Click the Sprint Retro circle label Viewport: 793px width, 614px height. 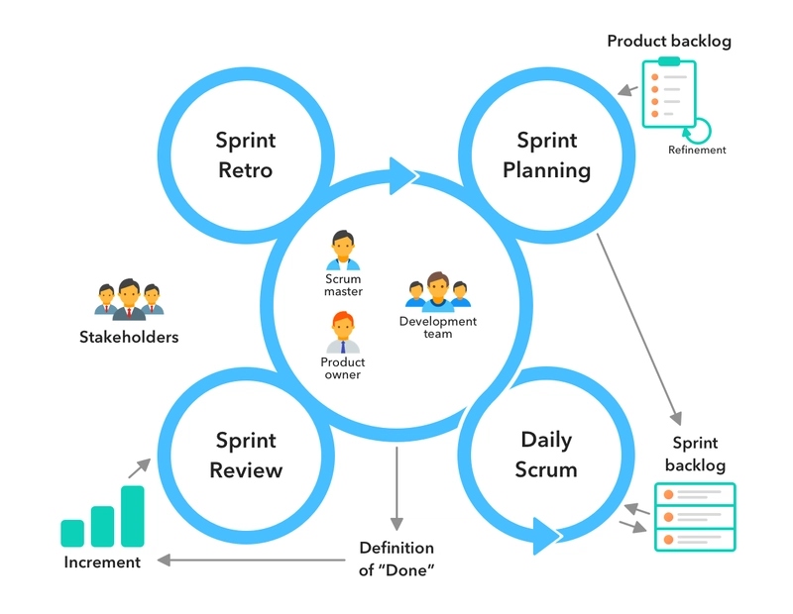[x=245, y=154]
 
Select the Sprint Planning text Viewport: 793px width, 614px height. [x=546, y=154]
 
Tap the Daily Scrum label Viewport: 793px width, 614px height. [x=546, y=454]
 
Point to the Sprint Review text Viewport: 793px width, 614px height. [x=245, y=454]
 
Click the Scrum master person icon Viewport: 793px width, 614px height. [x=343, y=251]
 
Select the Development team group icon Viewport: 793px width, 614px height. [x=437, y=292]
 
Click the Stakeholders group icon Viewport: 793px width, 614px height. [x=129, y=299]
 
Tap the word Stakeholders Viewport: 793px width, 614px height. [x=129, y=337]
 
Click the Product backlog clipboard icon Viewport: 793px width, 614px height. [x=668, y=93]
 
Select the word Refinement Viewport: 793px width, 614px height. [x=697, y=151]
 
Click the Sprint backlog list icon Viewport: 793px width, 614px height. [x=695, y=517]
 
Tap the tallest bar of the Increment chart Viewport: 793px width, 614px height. [x=133, y=516]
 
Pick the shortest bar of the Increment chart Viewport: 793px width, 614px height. [x=72, y=533]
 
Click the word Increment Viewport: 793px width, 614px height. [x=102, y=563]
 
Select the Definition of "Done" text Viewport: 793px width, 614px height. [x=396, y=560]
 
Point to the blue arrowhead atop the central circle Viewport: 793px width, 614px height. [x=404, y=174]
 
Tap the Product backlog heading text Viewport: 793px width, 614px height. [x=669, y=42]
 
